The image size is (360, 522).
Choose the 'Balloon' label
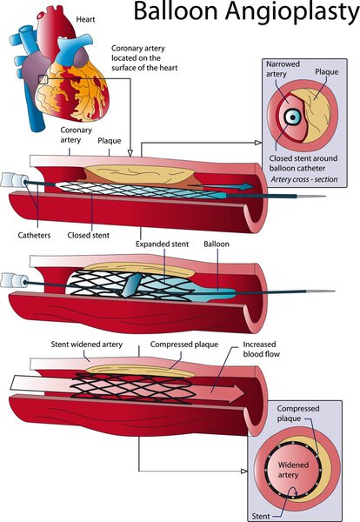click(x=220, y=245)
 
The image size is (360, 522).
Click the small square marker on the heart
click(x=44, y=80)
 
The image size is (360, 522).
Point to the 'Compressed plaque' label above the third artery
click(x=183, y=345)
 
